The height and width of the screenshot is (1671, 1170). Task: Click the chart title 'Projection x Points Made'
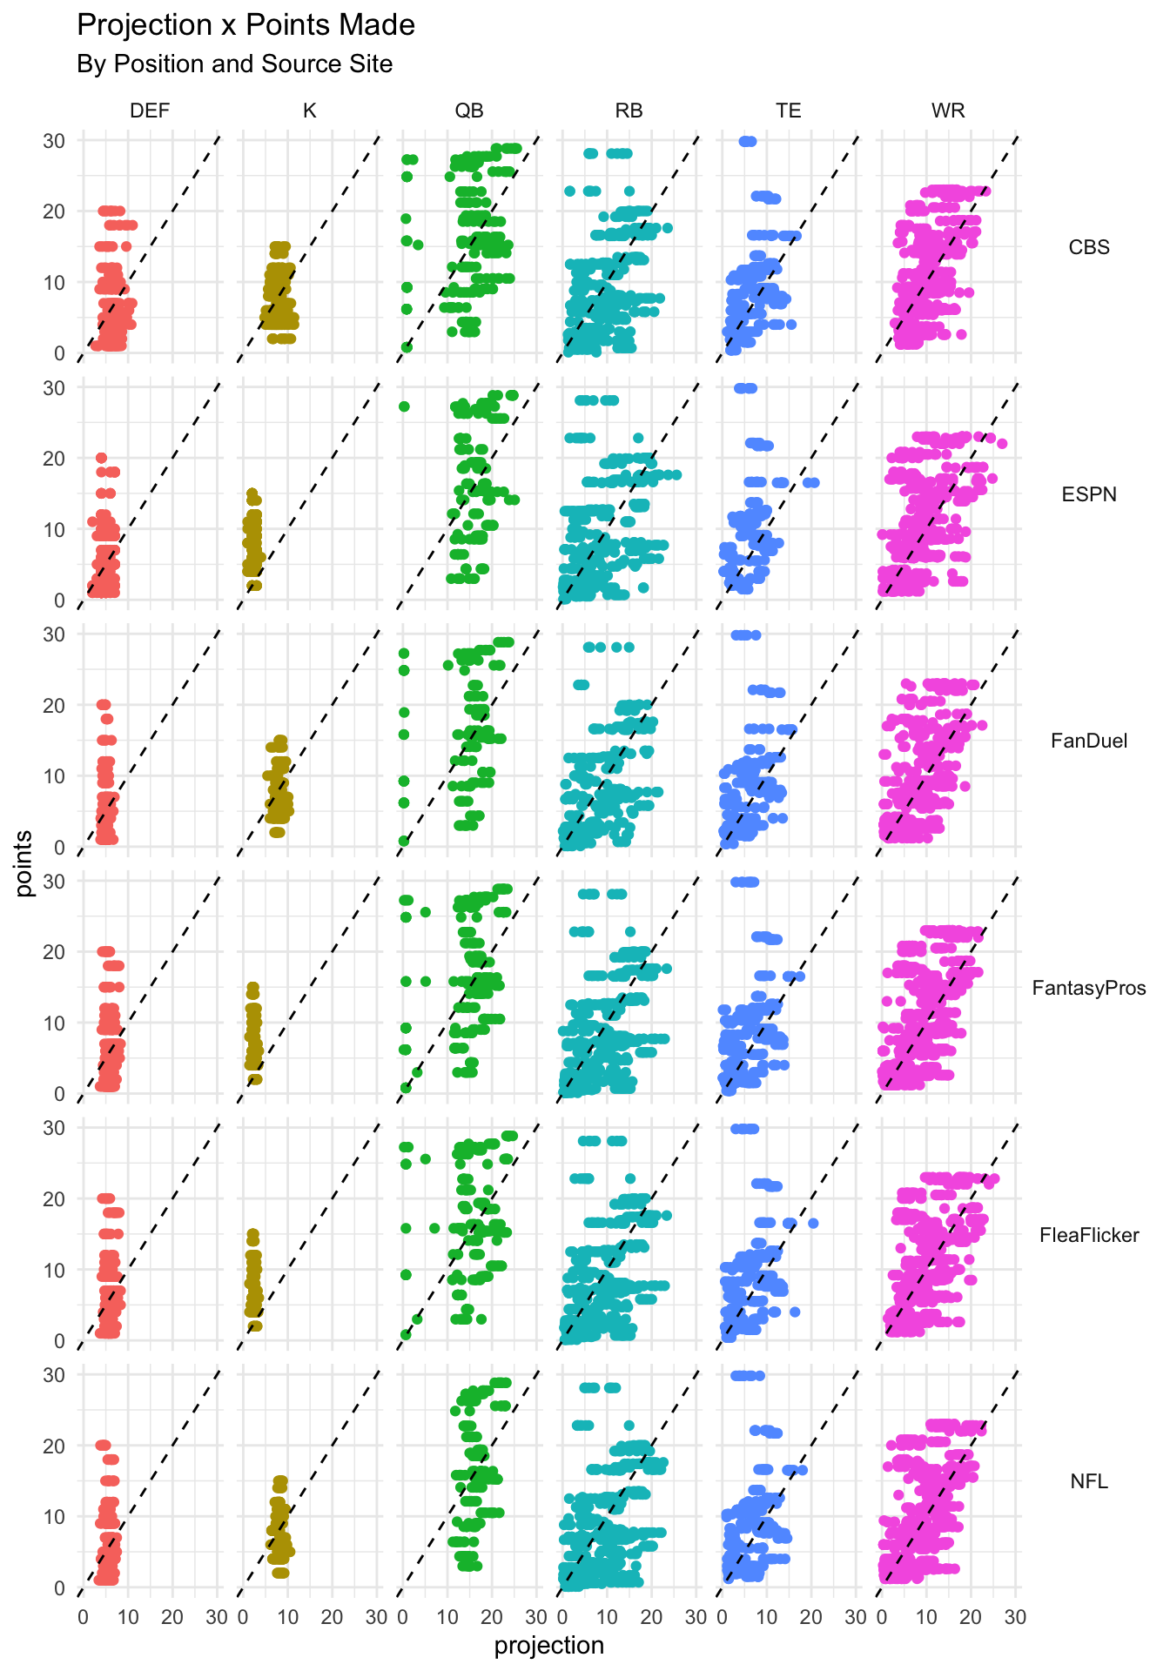coord(245,25)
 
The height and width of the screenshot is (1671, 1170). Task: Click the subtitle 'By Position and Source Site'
coord(234,64)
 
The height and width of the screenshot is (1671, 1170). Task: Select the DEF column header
coord(150,111)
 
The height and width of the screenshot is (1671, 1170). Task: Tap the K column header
coord(309,111)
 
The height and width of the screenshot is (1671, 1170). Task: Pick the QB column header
coord(469,111)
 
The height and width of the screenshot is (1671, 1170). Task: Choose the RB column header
coord(629,111)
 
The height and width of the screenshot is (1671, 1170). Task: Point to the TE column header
coord(789,111)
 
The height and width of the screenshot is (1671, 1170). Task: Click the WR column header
coord(948,111)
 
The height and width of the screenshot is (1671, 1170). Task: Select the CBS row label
coord(1089,247)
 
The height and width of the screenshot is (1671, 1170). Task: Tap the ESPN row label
coord(1089,494)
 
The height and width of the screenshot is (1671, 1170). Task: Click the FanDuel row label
coord(1089,741)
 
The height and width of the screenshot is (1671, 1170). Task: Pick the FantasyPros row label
coord(1089,988)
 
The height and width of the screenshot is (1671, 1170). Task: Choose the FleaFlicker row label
coord(1089,1235)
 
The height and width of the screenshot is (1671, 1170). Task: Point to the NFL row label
coord(1089,1481)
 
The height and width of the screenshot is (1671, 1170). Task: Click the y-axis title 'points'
coord(24,863)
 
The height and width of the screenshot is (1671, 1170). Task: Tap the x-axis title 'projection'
coord(548,1645)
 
